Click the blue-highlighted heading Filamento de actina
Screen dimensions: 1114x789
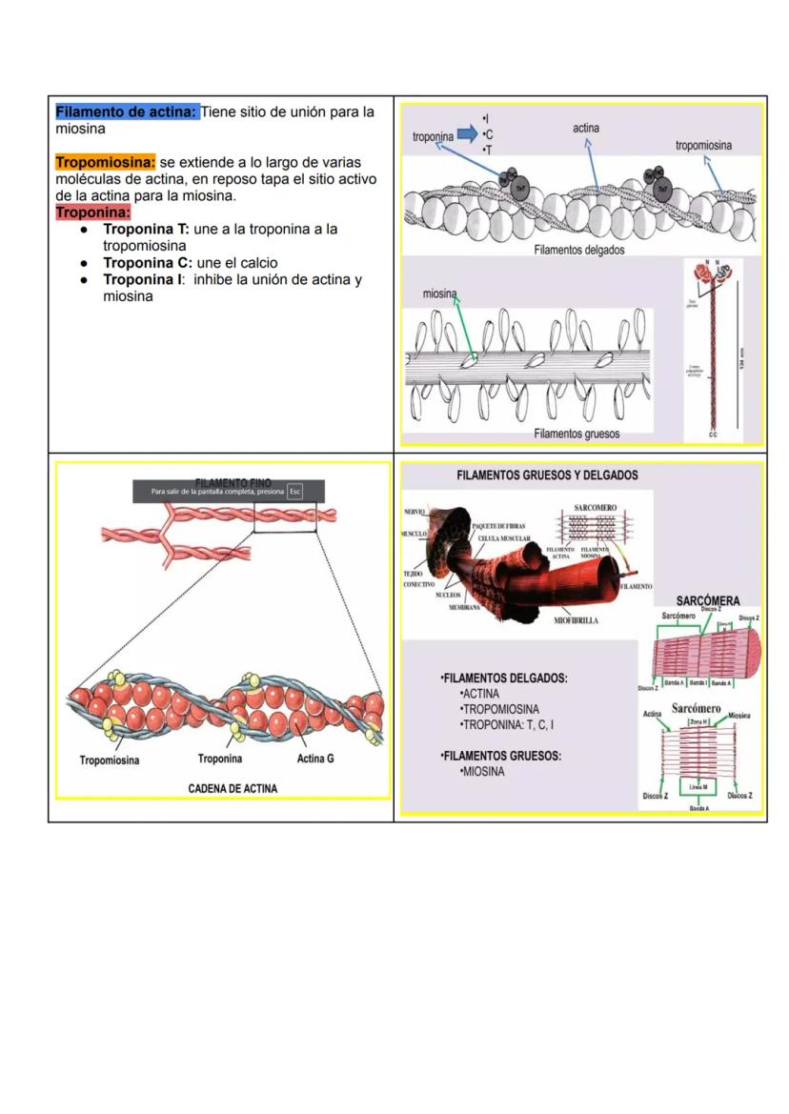(x=127, y=112)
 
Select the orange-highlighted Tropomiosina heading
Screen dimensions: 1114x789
(x=105, y=163)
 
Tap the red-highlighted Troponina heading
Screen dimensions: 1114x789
(x=92, y=212)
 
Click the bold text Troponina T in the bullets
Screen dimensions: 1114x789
(x=146, y=230)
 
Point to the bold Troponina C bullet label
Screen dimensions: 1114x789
(x=147, y=262)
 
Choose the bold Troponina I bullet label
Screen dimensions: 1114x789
(x=144, y=280)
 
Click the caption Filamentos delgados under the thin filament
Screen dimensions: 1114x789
(x=579, y=250)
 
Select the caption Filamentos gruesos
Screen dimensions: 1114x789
(x=577, y=434)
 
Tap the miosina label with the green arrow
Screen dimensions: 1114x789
(x=439, y=294)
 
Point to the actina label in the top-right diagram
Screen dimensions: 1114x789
(x=586, y=128)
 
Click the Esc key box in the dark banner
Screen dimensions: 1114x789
(x=295, y=492)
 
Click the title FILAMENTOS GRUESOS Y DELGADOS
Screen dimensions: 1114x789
(x=547, y=475)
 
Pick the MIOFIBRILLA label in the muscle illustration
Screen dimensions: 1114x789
(x=576, y=621)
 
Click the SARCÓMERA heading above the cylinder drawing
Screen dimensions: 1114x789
(x=707, y=601)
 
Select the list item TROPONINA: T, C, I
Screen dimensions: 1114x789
(x=507, y=724)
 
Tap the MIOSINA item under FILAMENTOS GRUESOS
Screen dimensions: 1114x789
(x=482, y=772)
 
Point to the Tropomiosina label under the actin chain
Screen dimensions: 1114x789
(x=109, y=760)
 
